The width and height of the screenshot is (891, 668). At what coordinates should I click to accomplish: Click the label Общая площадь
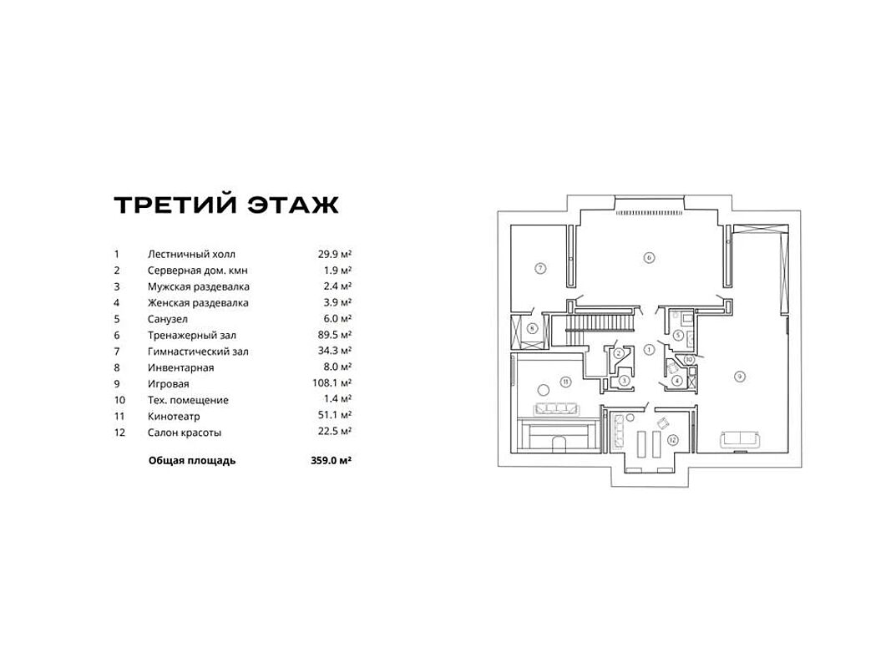pyautogui.click(x=192, y=460)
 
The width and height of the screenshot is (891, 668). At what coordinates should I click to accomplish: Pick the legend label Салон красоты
pyautogui.click(x=185, y=433)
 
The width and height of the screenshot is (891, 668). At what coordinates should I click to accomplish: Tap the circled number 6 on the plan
pyautogui.click(x=649, y=257)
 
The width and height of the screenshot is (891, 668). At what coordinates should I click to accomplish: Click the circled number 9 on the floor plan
pyautogui.click(x=739, y=377)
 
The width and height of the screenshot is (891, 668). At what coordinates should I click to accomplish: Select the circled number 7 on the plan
pyautogui.click(x=540, y=268)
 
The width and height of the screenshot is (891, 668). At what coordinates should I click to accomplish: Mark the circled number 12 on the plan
pyautogui.click(x=671, y=439)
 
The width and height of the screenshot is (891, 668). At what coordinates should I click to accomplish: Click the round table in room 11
pyautogui.click(x=542, y=387)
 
